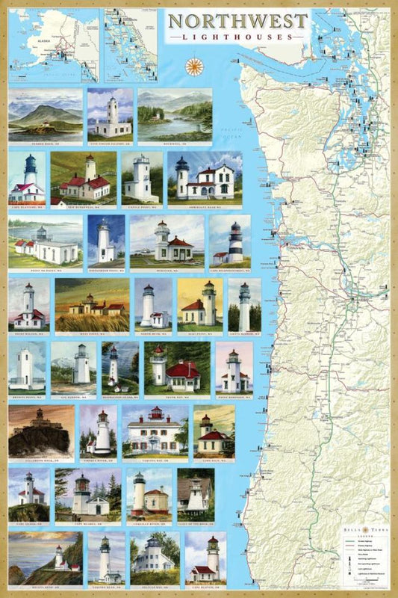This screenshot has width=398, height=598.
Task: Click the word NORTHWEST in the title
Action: [x=238, y=21]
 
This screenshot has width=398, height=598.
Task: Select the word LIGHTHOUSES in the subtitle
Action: [x=238, y=36]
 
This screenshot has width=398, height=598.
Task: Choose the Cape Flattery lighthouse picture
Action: [x=27, y=178]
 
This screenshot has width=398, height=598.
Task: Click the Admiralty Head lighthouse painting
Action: [x=204, y=178]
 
